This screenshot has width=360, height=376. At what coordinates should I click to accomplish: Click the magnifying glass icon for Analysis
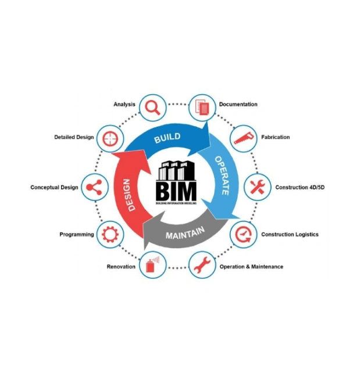click(153, 107)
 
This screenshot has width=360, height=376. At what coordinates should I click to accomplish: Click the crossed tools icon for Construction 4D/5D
click(256, 187)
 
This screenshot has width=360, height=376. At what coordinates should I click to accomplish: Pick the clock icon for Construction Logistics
click(242, 235)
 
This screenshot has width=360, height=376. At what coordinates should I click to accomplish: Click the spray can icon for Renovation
click(152, 266)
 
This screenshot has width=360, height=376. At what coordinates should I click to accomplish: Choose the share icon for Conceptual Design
click(94, 187)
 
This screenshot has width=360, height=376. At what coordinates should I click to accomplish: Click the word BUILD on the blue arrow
click(167, 138)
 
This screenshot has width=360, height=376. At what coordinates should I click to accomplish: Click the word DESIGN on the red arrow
click(130, 195)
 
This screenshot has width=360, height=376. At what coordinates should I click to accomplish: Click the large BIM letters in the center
click(176, 189)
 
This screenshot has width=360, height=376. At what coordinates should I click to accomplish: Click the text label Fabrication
click(275, 138)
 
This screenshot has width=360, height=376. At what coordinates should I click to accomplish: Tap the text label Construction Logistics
click(290, 235)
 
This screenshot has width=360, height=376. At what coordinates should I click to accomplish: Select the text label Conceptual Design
click(54, 187)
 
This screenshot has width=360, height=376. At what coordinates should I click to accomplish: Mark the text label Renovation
click(121, 267)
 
